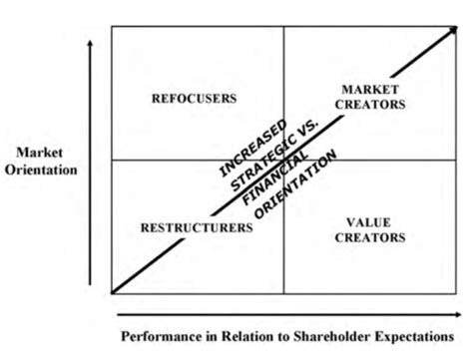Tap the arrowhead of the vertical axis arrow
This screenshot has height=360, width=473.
click(x=91, y=45)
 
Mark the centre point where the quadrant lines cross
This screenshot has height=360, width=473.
click(x=284, y=160)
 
